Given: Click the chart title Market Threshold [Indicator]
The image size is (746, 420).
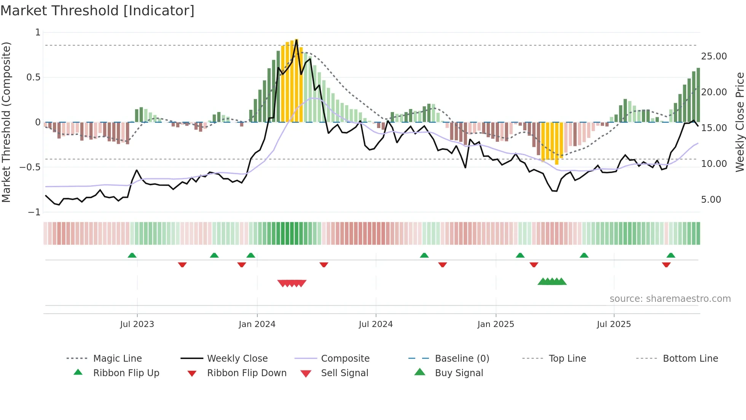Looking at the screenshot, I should click(97, 11).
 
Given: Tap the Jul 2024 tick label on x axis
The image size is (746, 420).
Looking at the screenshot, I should click(376, 324).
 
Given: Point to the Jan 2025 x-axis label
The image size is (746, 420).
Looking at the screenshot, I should click(496, 324).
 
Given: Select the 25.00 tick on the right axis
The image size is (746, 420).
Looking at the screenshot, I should click(714, 56).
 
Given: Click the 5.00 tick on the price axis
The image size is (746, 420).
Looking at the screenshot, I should click(711, 200).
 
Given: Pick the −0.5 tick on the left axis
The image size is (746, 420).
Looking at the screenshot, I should click(30, 167).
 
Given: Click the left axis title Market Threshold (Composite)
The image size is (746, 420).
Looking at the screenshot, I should click(6, 122).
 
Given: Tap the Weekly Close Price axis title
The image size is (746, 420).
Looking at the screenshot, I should click(740, 122).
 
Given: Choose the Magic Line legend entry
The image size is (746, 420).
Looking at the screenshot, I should click(117, 359).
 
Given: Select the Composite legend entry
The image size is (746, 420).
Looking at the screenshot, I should click(345, 359).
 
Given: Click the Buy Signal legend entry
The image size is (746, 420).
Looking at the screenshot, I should click(459, 373).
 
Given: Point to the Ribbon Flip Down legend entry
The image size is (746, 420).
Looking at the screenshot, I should click(246, 373).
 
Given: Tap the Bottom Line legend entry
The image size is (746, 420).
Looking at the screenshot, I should click(690, 359).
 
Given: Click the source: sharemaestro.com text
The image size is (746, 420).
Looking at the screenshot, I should click(670, 299).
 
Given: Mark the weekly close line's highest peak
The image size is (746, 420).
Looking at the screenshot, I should click(296, 40).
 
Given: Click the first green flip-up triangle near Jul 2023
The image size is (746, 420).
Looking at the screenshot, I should click(132, 255).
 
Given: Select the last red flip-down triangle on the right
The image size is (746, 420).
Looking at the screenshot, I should click(666, 265).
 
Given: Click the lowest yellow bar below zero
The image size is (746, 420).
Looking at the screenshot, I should click(557, 143).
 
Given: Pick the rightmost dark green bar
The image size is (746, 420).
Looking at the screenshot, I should click(698, 95).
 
